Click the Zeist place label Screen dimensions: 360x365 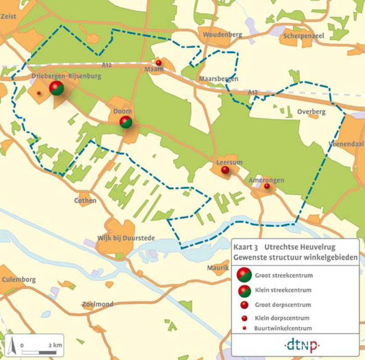pos(9,16)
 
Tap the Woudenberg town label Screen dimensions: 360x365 pos(222,35)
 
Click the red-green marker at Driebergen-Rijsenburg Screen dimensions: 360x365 pos(56,87)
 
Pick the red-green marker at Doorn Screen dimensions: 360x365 pos(126,122)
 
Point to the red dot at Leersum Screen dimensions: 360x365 pos(225,170)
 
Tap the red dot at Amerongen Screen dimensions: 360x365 pos(267,186)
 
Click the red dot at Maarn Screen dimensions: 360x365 pos(158,63)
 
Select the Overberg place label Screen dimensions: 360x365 pos(311,111)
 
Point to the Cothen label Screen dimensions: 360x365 pos(86,201)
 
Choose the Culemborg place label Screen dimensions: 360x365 pos(18,279)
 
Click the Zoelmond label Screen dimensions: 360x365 pos(98,304)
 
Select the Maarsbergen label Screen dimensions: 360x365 pos(219,79)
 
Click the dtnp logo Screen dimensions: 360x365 pos(302,346)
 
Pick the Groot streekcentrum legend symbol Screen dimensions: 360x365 pos(244,275)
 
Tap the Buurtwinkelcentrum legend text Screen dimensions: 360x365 pos(283,328)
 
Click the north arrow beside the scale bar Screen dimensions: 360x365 pos(13,345)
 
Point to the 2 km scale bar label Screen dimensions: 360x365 pos(55,345)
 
